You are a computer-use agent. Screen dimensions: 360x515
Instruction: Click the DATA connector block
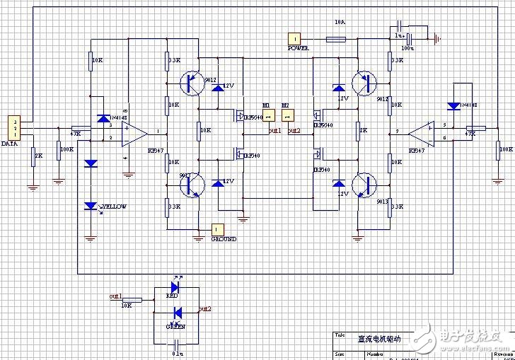click(13, 127)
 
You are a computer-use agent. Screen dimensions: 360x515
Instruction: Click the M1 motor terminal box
click(267, 116)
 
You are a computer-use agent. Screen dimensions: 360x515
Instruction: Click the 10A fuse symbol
click(335, 40)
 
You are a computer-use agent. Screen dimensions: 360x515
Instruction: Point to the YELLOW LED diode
click(91, 206)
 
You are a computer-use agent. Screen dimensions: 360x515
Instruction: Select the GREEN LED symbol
click(178, 312)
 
